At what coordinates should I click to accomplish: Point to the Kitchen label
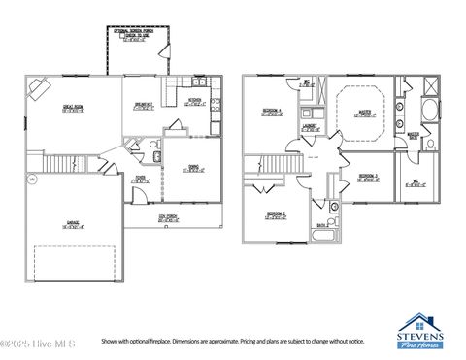(194, 101)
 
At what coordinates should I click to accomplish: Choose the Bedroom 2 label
(276, 214)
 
